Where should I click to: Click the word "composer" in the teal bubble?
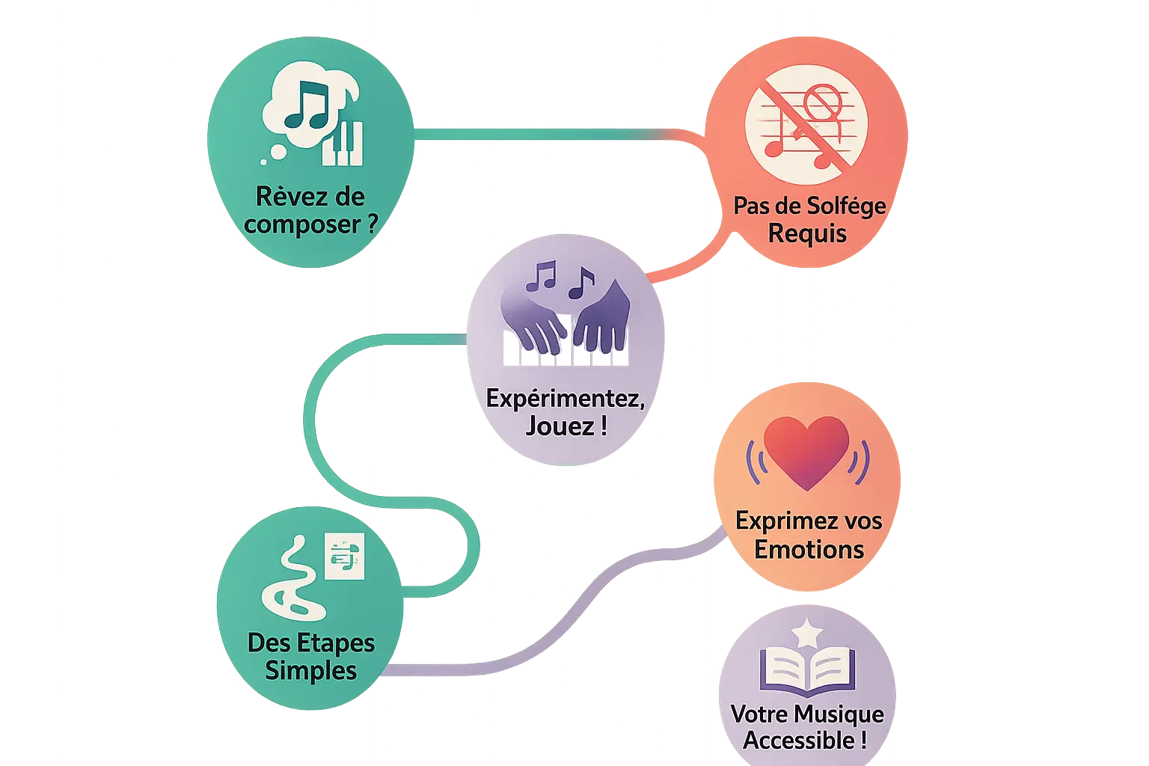pos(301,224)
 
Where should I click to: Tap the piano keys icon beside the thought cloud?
pos(343,144)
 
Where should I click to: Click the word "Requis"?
pos(807,234)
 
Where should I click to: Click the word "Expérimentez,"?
pos(565,398)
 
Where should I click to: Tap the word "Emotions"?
pos(809,550)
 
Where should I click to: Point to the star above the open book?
pos(807,632)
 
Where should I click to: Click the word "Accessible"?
pos(798,741)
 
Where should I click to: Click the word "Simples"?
pos(310,670)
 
